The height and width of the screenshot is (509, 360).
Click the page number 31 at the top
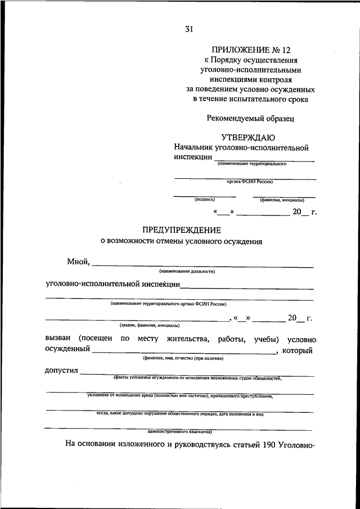(188, 29)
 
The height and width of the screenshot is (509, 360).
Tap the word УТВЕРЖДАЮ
(248, 137)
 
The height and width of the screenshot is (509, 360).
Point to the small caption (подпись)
(204, 200)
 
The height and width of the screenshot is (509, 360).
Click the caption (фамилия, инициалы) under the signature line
(282, 200)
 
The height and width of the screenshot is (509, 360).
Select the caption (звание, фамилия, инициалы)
(150, 326)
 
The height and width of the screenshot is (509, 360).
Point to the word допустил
(62, 371)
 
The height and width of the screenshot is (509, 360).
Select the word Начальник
(194, 147)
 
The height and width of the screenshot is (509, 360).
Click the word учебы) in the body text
(263, 339)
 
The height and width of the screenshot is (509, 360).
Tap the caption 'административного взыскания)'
(179, 432)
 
